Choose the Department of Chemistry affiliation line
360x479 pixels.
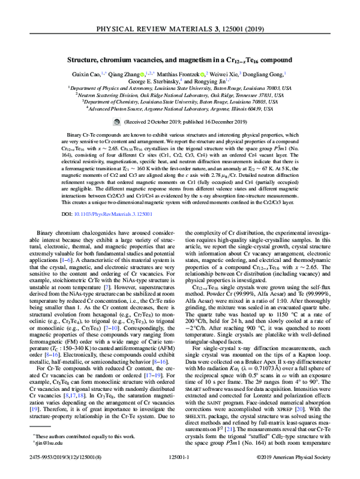click(x=180, y=102)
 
